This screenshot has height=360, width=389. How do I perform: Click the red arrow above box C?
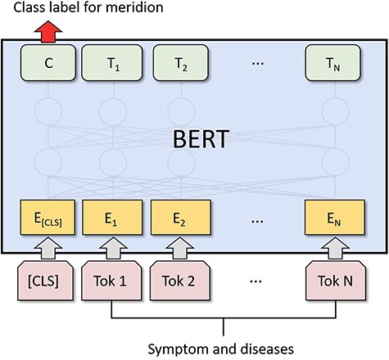pos(50,30)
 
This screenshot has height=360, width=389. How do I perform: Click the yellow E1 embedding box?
pos(112,218)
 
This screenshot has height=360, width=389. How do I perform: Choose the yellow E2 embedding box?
pos(179,218)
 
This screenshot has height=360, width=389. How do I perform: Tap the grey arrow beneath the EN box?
pos(332,245)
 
